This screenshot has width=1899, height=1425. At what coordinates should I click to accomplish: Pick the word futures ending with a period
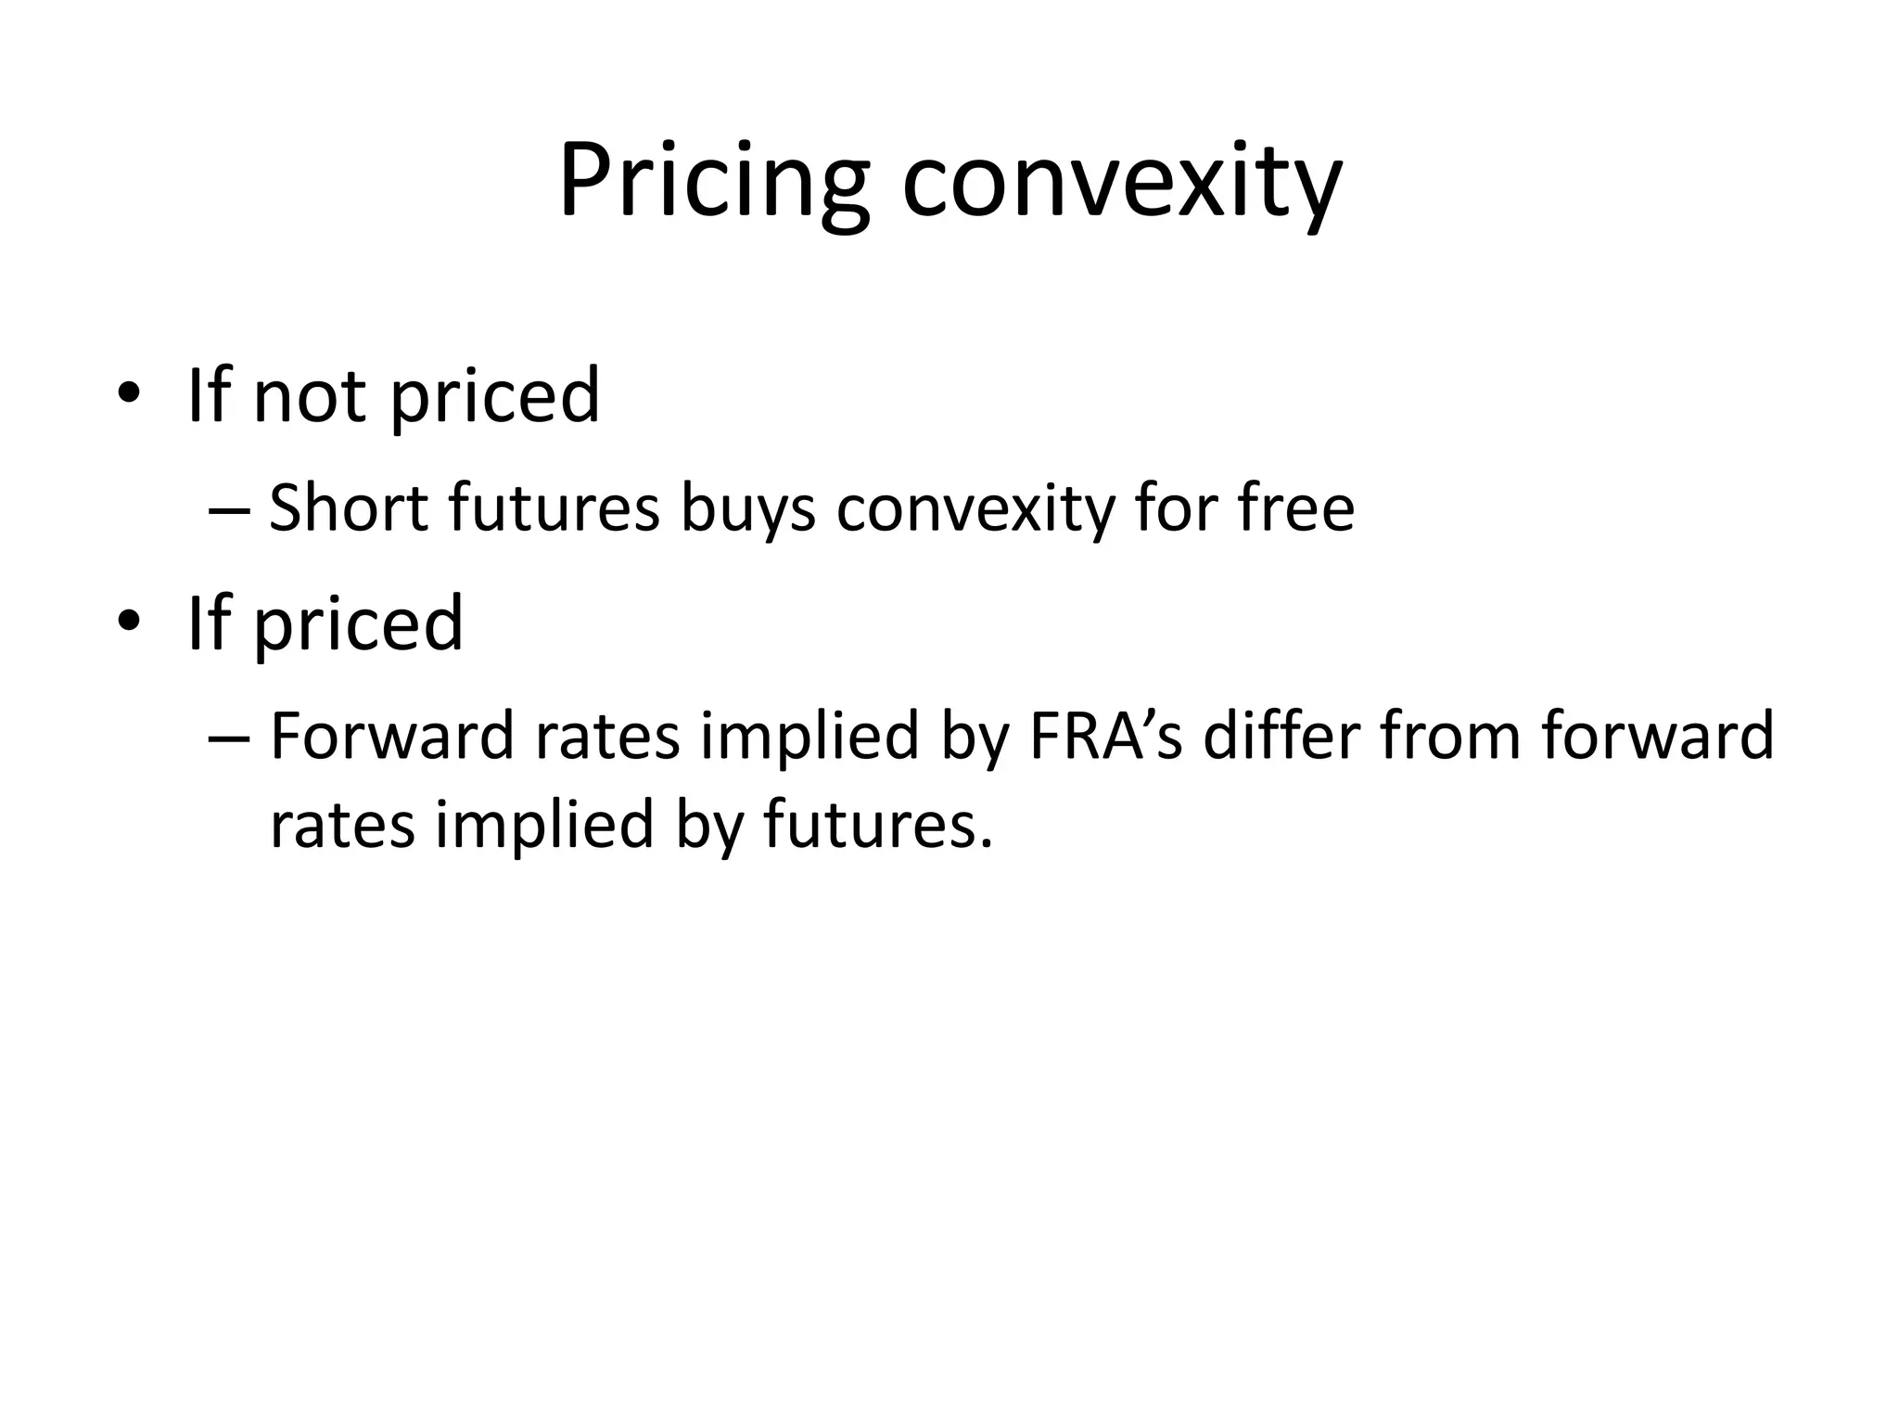[877, 825]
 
